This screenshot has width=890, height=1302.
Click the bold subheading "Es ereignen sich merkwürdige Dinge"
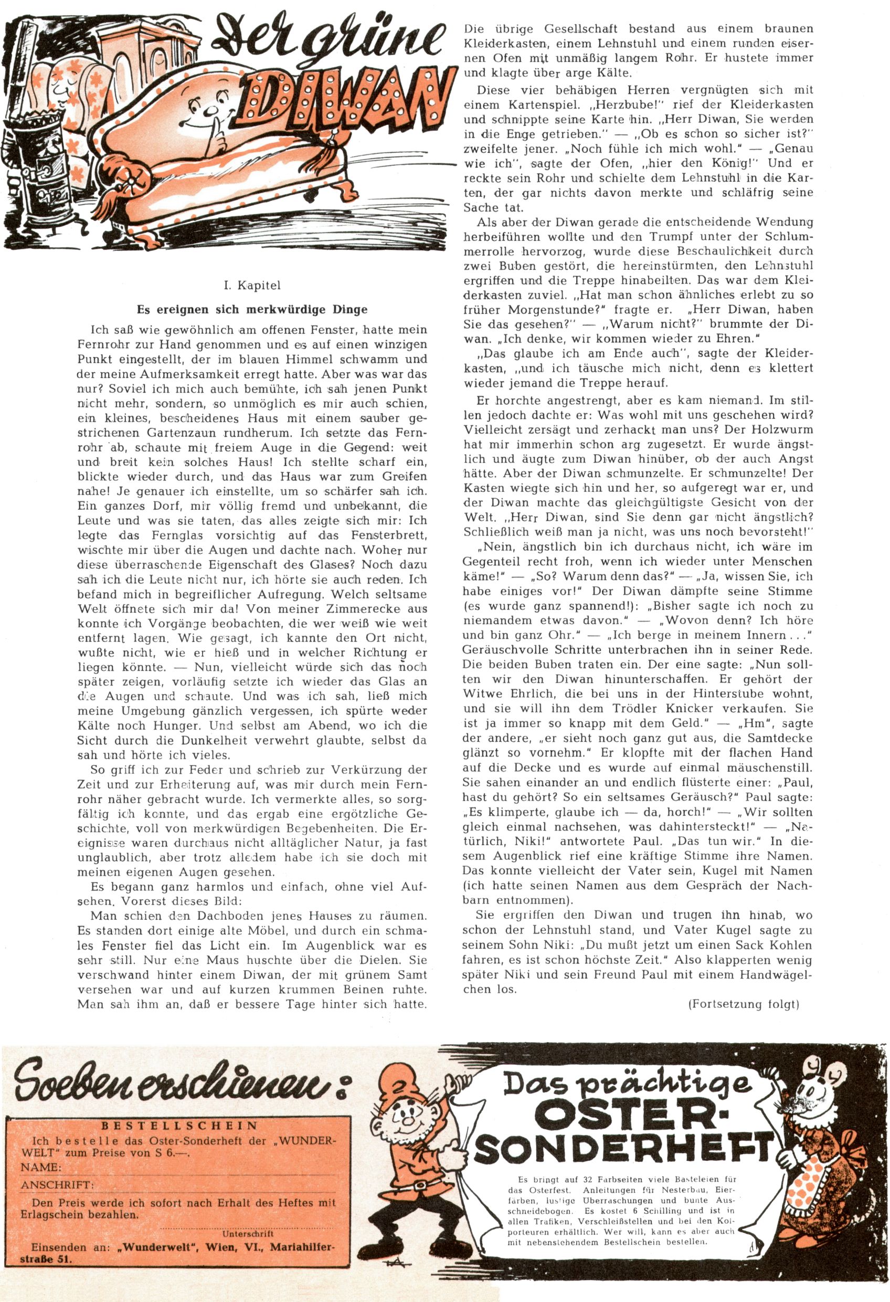click(252, 309)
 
